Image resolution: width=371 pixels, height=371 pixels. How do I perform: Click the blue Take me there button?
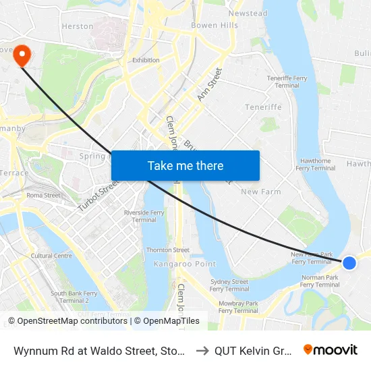(185, 165)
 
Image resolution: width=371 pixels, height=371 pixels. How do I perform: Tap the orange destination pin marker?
(22, 55)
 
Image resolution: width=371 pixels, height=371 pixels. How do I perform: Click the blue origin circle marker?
(349, 262)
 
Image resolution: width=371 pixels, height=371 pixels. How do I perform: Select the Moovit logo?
(331, 349)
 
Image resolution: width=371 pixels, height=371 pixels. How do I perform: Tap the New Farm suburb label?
(260, 192)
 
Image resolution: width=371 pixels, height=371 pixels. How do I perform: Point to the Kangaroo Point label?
(184, 264)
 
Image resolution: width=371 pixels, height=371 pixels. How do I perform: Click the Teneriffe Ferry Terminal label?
(287, 82)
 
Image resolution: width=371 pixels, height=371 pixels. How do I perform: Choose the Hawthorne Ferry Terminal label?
(314, 165)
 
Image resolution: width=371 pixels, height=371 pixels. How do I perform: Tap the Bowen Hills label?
(215, 26)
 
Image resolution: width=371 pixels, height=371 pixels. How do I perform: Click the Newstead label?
(248, 13)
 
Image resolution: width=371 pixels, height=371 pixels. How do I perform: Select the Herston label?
(78, 26)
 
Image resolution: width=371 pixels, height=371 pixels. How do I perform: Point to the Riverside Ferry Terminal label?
(144, 216)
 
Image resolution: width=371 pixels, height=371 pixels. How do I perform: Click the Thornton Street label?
(168, 250)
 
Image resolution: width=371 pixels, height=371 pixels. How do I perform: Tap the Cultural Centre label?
(51, 256)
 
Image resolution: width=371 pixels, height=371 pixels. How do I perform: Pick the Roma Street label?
(43, 196)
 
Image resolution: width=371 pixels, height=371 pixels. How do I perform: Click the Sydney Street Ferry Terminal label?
(229, 285)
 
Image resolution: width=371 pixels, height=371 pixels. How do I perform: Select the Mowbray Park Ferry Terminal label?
(238, 307)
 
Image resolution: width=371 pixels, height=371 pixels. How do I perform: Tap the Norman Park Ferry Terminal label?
(320, 281)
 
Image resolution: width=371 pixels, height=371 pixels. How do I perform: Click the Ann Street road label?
(209, 85)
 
